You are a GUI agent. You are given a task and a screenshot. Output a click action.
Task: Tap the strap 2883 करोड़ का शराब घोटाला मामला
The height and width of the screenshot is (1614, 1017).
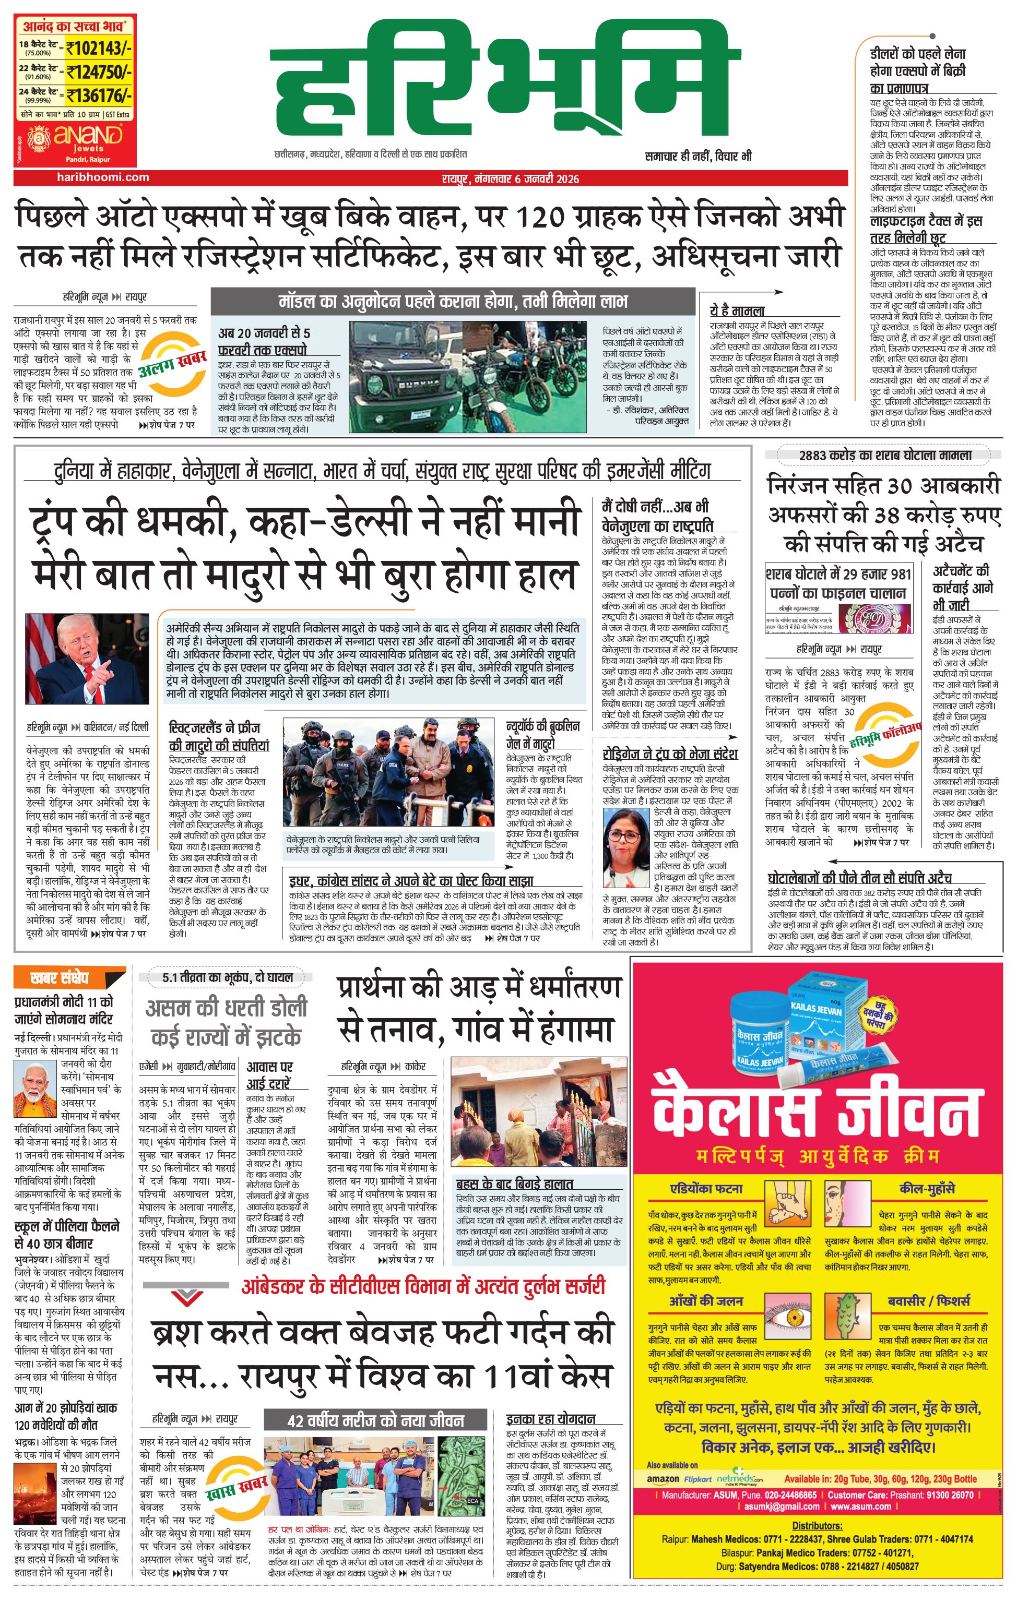(885, 455)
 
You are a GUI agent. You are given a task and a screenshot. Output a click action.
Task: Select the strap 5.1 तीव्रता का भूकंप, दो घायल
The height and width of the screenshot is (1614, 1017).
(227, 977)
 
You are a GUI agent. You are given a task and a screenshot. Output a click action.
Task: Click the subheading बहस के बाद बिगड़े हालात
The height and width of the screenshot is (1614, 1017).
(514, 1183)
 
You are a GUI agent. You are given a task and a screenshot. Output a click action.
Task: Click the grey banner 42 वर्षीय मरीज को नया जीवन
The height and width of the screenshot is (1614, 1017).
(375, 1420)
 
